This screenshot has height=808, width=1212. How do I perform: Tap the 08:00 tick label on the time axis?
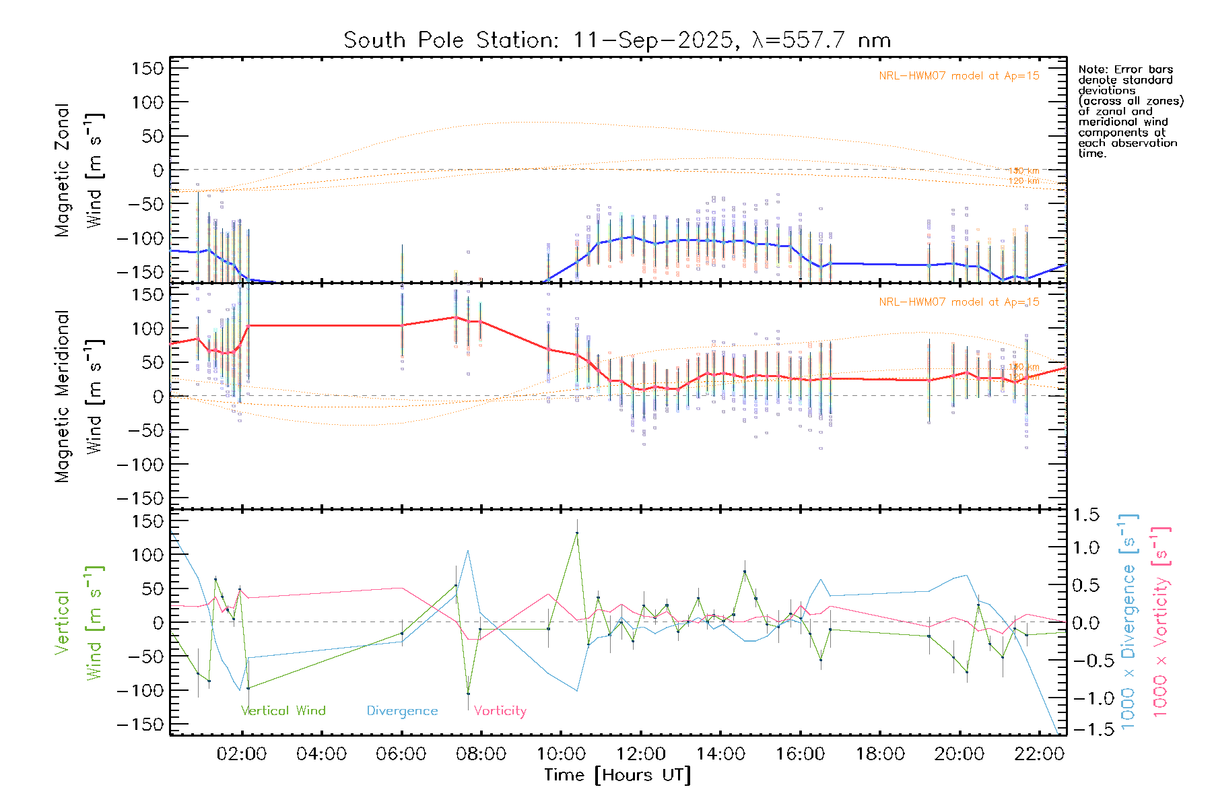coord(481,754)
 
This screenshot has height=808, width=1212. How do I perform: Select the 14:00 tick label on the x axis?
coord(720,754)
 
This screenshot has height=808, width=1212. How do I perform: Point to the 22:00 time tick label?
coord(1039,754)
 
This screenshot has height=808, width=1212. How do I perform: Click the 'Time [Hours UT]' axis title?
coord(617,775)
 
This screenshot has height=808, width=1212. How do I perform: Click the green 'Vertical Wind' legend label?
coord(283,711)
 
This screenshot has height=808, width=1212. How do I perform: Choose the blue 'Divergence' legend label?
coord(402,711)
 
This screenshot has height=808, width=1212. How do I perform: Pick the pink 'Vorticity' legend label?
coord(500,711)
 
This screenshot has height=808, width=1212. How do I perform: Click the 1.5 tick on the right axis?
coord(1085,515)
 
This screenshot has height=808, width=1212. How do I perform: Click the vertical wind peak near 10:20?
coord(577,533)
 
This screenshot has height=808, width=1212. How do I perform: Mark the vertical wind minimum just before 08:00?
coord(468,694)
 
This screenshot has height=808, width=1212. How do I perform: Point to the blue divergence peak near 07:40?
coord(468,551)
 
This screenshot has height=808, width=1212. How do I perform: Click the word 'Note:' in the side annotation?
coord(1093,69)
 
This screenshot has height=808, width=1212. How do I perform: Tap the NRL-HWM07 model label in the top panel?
coord(959,76)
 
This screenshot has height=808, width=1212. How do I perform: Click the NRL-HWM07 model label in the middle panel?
coord(959,302)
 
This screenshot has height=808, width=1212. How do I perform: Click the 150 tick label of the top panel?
coord(147,69)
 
